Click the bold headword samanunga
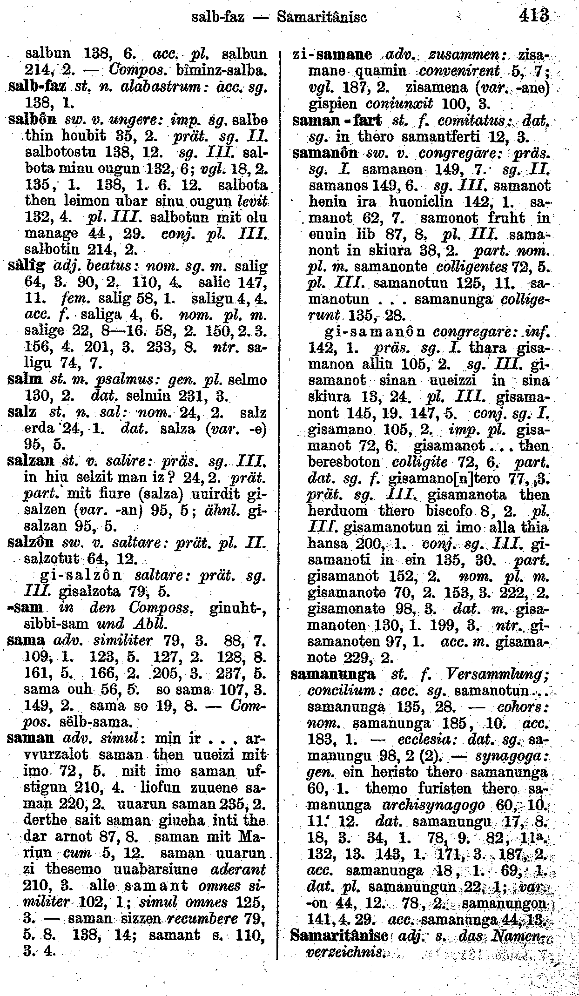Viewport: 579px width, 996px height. point(333,674)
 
